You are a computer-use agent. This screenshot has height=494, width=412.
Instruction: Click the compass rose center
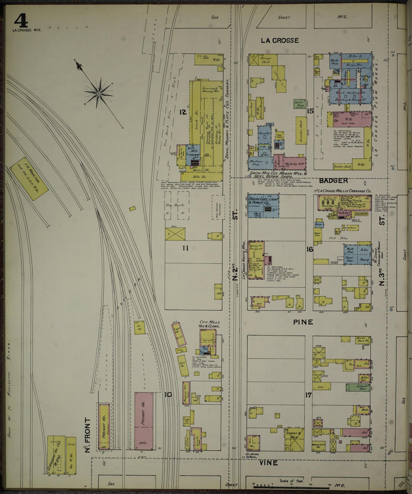pos(98,93)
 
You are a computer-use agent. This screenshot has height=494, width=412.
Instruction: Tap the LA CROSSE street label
pos(280,40)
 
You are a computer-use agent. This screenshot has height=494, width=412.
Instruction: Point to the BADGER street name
pos(333,180)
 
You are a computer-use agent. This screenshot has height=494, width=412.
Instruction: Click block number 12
pos(183,112)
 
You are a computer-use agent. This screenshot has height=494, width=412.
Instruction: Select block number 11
pos(185,248)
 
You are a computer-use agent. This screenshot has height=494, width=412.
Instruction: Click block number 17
pos(308,395)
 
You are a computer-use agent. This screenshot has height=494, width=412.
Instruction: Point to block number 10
pos(168,395)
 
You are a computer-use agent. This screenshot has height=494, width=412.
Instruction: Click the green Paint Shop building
pos(299,104)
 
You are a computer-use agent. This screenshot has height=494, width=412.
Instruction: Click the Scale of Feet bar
pos(291,484)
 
